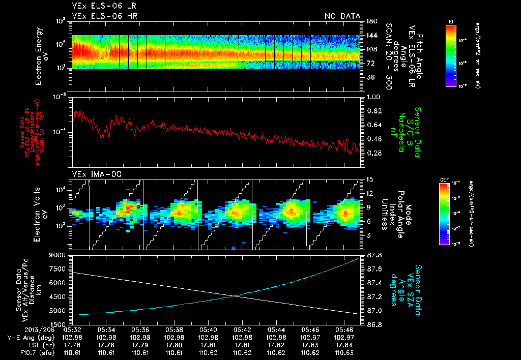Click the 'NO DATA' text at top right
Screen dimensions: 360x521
[x=342, y=16]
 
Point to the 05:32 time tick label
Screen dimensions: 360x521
[x=73, y=329]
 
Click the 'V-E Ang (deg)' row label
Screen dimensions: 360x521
[x=29, y=338]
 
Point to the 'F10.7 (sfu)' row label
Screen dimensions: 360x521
[x=29, y=352]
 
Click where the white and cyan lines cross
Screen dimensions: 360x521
[x=234, y=296]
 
